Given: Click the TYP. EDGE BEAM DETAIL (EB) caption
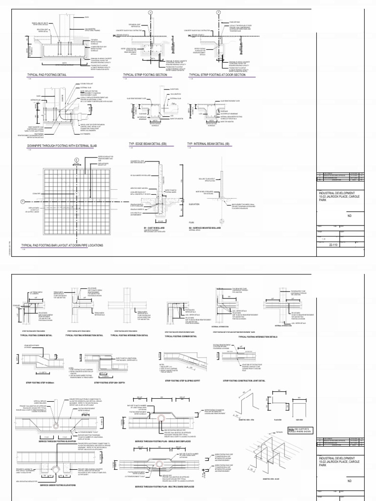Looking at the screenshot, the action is pyautogui.click(x=147, y=144).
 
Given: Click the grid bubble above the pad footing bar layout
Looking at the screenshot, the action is pyautogui.click(x=76, y=159).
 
